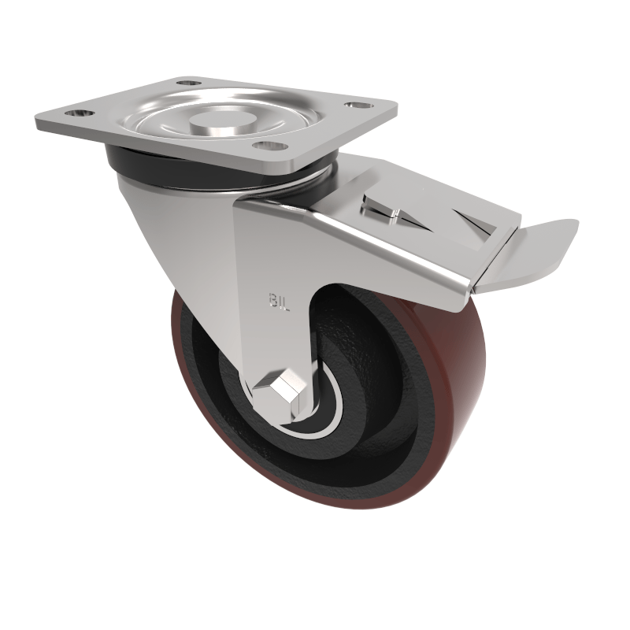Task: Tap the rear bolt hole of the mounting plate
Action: coord(187,82)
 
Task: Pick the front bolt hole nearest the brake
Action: coord(269,145)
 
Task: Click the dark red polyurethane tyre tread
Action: coord(441,409)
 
